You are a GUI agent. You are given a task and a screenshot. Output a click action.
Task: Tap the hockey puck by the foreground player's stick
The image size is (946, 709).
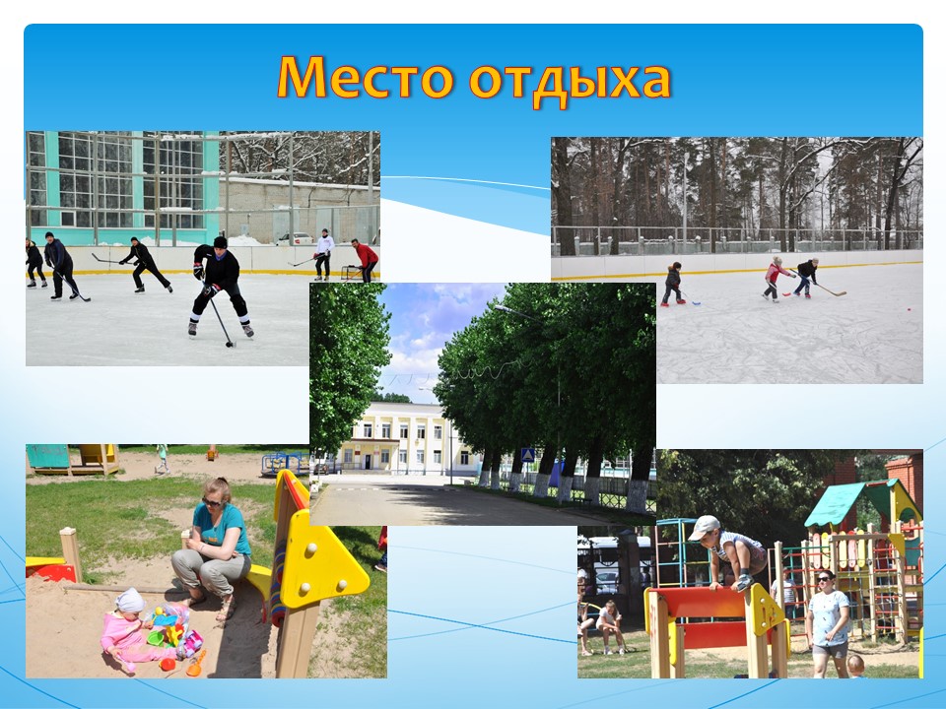(x=230, y=345)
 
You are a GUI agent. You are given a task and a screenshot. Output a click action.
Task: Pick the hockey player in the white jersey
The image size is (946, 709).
(x=324, y=254)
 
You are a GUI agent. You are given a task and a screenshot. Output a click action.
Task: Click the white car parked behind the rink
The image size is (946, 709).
(x=295, y=238)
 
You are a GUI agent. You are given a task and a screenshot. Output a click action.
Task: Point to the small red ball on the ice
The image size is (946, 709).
(x=910, y=308)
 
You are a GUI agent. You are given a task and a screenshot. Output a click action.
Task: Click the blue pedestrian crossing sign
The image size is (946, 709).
(x=528, y=455)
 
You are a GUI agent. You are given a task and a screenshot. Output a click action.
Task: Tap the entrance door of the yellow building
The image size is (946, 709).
(x=367, y=461)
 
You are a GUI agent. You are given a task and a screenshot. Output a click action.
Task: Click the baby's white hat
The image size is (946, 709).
(x=130, y=601)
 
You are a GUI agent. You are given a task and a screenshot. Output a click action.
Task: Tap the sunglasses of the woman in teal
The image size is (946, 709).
(x=212, y=501)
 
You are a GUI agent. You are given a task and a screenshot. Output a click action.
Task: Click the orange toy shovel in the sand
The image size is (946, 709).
(x=196, y=664)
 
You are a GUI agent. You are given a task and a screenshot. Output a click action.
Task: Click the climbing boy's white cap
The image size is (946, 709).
(x=704, y=527)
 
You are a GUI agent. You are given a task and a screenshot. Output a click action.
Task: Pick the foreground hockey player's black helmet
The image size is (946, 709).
(x=220, y=242)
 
